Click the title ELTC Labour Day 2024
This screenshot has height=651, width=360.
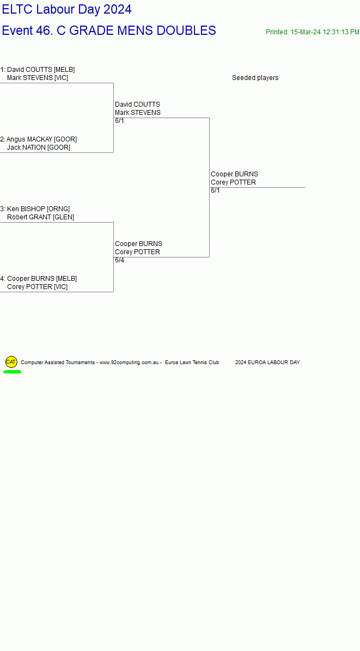[x=67, y=9]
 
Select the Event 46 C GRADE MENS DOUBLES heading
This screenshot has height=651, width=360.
[x=109, y=30]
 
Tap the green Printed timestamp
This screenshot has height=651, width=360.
[x=313, y=32]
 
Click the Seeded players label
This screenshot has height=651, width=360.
[x=255, y=78]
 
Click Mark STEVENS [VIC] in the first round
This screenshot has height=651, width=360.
[x=38, y=78]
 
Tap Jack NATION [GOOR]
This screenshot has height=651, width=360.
[x=39, y=148]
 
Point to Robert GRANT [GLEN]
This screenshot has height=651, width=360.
[x=40, y=217]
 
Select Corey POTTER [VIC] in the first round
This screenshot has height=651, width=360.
[x=37, y=287]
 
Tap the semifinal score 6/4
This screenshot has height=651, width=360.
[x=120, y=260]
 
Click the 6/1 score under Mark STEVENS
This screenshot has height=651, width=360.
[x=120, y=121]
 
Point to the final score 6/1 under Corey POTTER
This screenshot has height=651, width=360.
[x=216, y=191]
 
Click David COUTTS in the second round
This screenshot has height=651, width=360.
[x=137, y=104]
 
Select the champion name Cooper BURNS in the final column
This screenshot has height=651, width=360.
[x=234, y=174]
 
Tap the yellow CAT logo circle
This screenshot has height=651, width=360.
[x=11, y=362]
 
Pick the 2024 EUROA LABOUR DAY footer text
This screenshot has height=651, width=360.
[x=267, y=363]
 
